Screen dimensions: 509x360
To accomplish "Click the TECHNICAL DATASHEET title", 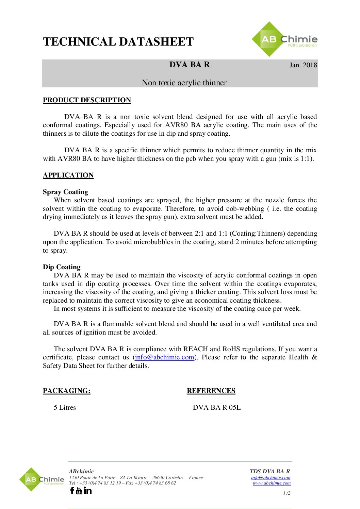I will click(x=118, y=42).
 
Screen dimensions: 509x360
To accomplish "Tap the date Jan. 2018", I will click(x=303, y=65).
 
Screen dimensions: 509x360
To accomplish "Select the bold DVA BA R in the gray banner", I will click(x=190, y=65).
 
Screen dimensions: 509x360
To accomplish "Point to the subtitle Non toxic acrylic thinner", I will click(x=184, y=83).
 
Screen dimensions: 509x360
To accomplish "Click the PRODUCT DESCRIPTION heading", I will click(x=87, y=100).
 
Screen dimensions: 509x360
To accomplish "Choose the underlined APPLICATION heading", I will click(x=68, y=175).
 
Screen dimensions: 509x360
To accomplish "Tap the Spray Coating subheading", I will click(x=65, y=192).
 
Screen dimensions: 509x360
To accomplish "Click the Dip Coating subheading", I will click(x=62, y=267).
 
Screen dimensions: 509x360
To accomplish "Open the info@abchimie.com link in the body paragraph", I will click(x=164, y=357).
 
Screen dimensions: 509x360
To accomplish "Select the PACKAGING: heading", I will click(x=67, y=391).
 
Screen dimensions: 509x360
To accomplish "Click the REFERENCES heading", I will click(x=211, y=391).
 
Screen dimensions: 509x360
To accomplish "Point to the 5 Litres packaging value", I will click(x=65, y=407).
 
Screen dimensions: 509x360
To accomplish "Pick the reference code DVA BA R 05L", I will click(x=217, y=407).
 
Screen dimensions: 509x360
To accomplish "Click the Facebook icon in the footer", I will click(x=72, y=490).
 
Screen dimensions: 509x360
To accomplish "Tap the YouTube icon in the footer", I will click(x=79, y=490).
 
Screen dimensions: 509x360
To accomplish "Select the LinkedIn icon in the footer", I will click(x=87, y=490).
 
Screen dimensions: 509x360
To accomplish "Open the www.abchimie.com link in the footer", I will click(x=272, y=483).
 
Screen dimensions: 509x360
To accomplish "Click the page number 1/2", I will click(x=287, y=493).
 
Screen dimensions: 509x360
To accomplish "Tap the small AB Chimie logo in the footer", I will click(x=42, y=479).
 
